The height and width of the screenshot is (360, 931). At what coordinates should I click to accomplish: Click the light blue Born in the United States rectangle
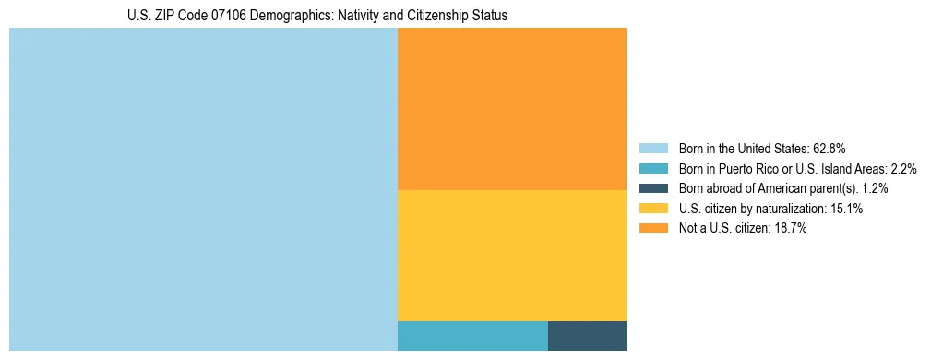click(203, 189)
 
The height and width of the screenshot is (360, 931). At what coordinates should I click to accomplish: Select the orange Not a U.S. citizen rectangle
click(512, 109)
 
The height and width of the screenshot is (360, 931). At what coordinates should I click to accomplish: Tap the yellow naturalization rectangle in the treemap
click(512, 255)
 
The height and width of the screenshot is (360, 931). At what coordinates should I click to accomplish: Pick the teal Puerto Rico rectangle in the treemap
click(472, 336)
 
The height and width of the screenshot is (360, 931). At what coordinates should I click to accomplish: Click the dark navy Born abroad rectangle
click(587, 336)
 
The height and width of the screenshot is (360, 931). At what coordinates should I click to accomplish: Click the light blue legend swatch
click(653, 148)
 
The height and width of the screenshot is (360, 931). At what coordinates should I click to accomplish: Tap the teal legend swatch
click(653, 168)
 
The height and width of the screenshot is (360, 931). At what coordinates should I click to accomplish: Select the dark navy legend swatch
click(653, 188)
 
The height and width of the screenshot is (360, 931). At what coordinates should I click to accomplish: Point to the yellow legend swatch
click(653, 209)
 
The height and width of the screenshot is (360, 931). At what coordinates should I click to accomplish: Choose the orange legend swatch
click(653, 228)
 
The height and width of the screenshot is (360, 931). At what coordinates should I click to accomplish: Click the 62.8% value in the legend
click(829, 148)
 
